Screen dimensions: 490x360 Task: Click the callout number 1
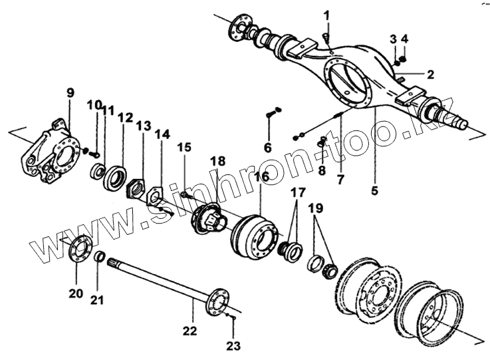[x=326, y=14]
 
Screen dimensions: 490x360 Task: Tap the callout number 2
[x=430, y=74]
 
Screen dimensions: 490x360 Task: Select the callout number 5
[x=374, y=191]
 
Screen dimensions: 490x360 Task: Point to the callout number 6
[x=267, y=147]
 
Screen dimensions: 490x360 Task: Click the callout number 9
[x=70, y=92]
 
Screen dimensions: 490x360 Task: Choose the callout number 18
[x=217, y=161]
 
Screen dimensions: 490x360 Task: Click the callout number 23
[x=233, y=345]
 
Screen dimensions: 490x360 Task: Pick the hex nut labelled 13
[x=137, y=188]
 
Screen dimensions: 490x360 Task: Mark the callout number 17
[x=297, y=193]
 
